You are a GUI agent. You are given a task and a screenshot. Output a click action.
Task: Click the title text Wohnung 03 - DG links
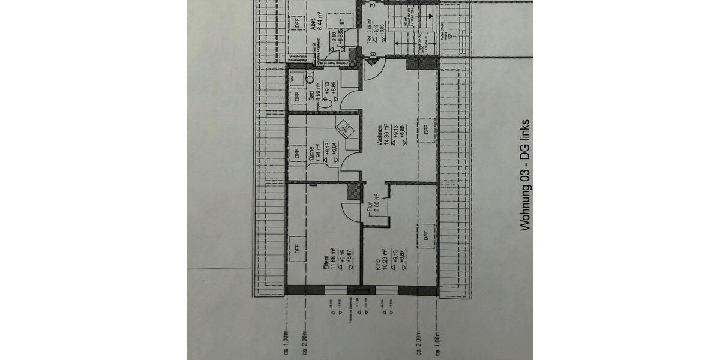526,175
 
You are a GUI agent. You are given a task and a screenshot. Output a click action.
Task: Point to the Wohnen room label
380,135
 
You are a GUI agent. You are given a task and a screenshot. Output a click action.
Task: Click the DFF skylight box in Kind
426,235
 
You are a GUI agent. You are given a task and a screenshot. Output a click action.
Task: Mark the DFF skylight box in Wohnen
426,128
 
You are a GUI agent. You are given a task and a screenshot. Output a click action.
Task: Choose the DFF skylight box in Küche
296,154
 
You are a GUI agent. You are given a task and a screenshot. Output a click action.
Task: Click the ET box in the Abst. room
343,22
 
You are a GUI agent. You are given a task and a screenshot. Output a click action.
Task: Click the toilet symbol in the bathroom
310,77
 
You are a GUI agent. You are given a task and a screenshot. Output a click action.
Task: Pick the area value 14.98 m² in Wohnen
388,135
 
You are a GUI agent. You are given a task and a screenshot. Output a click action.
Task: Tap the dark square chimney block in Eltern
354,191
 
